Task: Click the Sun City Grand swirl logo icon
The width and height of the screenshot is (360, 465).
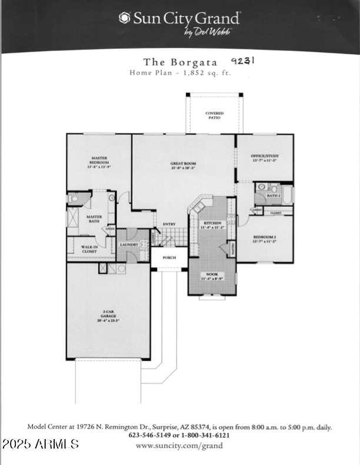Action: [x=124, y=18]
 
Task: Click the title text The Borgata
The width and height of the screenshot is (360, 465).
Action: [x=181, y=62]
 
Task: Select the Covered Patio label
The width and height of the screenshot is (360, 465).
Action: [x=214, y=115]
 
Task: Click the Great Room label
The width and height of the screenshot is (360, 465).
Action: [x=183, y=166]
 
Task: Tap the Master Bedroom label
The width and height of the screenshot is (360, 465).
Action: [x=98, y=162]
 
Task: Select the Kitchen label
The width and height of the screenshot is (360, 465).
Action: [x=212, y=226]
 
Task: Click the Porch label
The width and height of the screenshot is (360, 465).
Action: [x=170, y=257]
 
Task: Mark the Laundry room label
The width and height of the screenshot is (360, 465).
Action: [x=129, y=245]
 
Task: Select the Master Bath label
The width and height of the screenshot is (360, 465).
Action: [x=94, y=219]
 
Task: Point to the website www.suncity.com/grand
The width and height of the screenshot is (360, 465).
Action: [x=179, y=446]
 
